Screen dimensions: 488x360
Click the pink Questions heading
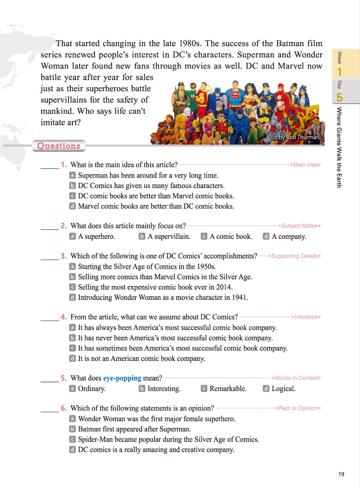[x=59, y=146]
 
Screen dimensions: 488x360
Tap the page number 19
[x=341, y=474]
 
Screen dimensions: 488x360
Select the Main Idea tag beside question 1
[x=306, y=165]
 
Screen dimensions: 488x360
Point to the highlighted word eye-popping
[x=122, y=378]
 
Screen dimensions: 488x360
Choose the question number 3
[x=64, y=256]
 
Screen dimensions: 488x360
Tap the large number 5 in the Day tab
[x=340, y=97]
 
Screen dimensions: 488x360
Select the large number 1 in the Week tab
[x=340, y=71]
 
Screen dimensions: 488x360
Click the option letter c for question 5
[x=204, y=389]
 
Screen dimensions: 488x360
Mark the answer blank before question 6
[x=49, y=409]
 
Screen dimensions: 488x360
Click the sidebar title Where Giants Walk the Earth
[x=339, y=147]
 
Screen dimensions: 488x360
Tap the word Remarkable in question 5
[x=228, y=389]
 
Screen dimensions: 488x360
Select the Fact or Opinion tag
[x=299, y=408]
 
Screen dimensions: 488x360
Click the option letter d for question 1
[x=72, y=206]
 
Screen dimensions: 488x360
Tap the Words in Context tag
[x=296, y=378]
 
